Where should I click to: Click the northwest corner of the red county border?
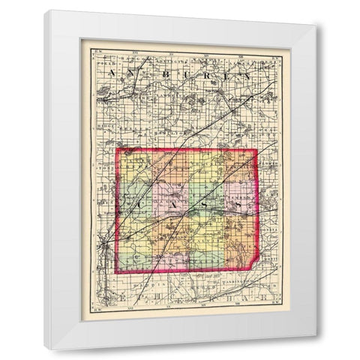[116, 149]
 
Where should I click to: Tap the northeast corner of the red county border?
[258, 149]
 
